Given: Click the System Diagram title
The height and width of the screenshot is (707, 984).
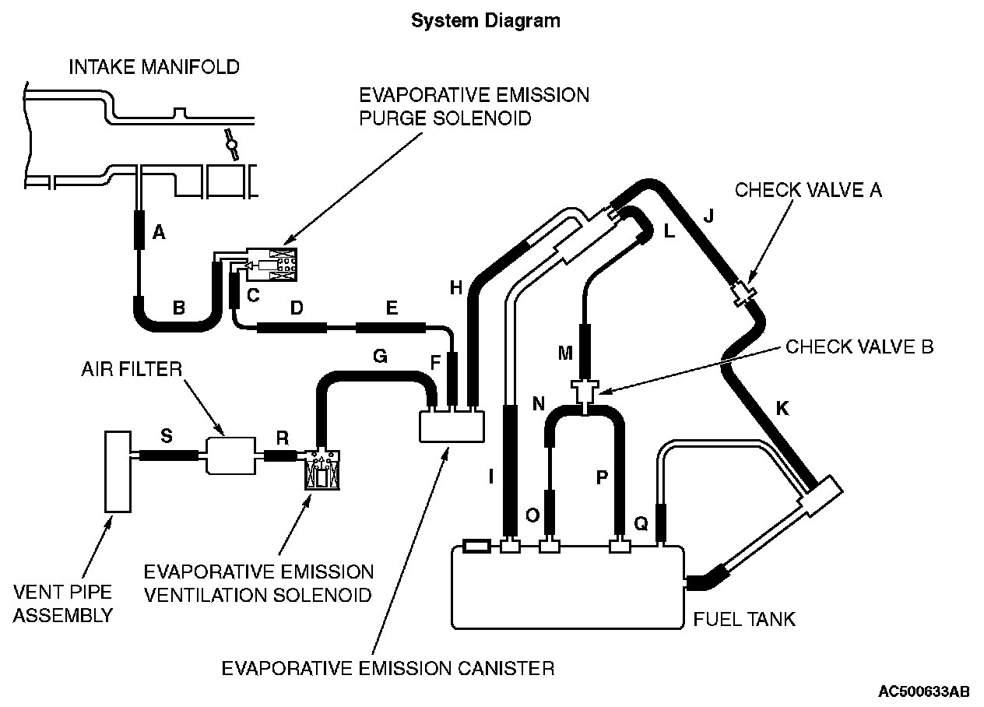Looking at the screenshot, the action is pos(486,21).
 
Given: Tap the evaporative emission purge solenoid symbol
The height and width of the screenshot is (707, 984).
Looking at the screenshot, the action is pos(272,265).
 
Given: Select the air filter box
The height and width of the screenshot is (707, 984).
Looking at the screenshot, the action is pos(230,456).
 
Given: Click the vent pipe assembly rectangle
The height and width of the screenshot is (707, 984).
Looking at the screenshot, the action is pos(118,472).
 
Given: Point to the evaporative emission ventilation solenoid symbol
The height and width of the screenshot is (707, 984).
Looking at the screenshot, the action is pos(322,470).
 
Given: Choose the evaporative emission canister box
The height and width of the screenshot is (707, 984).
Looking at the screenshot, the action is pos(452,426).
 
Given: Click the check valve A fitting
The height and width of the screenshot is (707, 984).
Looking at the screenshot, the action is pos(743,294).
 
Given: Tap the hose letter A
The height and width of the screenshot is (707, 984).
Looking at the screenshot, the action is pos(159,232).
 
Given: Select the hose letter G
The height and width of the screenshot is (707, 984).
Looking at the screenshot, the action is pos(380,356).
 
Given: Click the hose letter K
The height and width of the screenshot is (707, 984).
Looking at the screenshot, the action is pos(782,409).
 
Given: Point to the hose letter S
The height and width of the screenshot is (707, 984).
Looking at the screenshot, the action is pos(167,436).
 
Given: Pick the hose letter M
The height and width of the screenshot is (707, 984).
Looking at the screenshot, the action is pos(565,353).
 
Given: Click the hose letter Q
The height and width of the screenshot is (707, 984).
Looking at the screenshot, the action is pos(641,523).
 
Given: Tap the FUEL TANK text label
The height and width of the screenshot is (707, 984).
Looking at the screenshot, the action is pos(744,620).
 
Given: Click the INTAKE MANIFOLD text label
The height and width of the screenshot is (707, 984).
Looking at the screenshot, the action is pos(154,67).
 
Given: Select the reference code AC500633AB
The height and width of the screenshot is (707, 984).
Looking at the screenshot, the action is pos(923,691).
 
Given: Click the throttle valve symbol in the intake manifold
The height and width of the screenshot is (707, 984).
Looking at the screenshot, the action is pos(230,145).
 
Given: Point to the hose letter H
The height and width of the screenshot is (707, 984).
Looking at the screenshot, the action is pos(456,288).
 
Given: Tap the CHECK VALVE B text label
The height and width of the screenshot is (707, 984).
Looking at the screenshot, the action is pos(859,347).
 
